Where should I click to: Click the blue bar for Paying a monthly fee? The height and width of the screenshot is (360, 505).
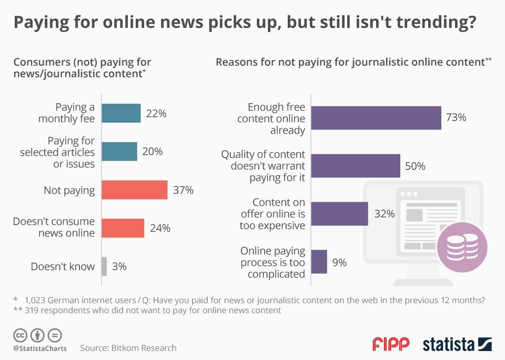[x=121, y=113]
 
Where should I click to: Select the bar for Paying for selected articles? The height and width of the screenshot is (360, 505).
[x=119, y=152]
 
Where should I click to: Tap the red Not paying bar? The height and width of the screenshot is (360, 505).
[x=134, y=190]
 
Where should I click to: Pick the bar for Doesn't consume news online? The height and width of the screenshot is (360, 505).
[x=123, y=228]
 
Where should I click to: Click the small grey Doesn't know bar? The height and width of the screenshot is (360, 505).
[x=104, y=266]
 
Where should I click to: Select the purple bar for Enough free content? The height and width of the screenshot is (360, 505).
[x=376, y=117]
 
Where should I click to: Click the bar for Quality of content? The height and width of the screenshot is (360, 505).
[x=356, y=166]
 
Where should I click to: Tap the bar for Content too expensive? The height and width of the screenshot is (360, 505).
[x=339, y=214]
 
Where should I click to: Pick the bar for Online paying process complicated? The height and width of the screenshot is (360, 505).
[x=319, y=262]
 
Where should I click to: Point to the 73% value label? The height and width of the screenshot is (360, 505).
[x=456, y=117]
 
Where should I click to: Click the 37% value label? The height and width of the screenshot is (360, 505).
[x=183, y=190]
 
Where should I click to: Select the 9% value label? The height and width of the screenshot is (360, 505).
[x=339, y=262]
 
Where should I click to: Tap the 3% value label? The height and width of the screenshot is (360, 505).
[x=119, y=266]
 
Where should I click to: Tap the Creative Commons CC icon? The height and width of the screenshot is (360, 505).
[x=21, y=335]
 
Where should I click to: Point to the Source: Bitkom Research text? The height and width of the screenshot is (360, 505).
[x=128, y=348]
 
